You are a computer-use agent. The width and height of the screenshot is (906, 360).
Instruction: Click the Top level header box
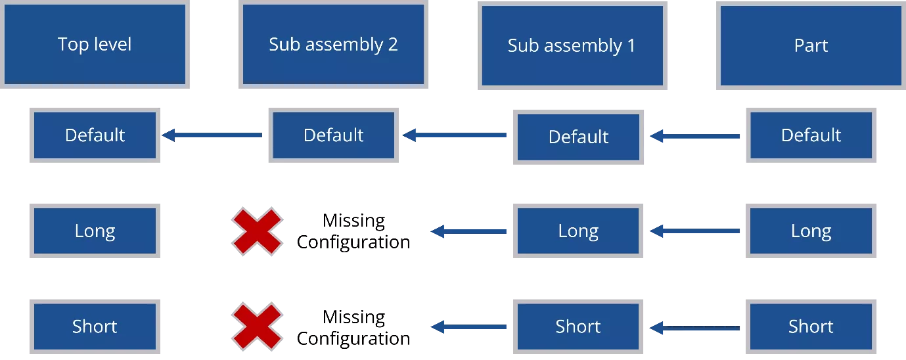[95, 45]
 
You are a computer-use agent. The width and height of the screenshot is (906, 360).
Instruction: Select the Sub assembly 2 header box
[333, 45]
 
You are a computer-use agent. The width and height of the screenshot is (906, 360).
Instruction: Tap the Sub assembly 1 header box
[572, 46]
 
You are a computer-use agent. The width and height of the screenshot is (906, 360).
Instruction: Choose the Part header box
[810, 45]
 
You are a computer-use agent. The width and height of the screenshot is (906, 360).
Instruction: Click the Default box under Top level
[95, 135]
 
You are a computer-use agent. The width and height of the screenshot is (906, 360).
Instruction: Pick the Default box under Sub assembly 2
[333, 135]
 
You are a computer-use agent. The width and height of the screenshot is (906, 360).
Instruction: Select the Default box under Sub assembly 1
[578, 137]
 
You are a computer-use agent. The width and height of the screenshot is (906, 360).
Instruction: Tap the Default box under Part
[810, 135]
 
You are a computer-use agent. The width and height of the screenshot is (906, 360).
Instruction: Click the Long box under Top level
[95, 231]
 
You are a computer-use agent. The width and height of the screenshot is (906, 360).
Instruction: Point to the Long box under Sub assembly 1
[578, 231]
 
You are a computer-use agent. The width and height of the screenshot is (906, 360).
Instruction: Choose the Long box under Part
[810, 231]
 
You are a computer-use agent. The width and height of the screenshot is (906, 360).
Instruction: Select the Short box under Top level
[95, 326]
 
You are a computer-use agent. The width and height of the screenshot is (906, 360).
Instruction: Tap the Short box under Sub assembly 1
[578, 326]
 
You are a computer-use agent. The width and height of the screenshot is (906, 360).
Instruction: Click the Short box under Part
[810, 326]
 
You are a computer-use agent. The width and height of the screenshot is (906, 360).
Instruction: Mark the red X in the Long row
[257, 231]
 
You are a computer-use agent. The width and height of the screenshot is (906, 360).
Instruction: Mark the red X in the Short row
[257, 326]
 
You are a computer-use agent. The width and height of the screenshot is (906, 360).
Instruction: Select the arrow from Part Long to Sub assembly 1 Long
[694, 231]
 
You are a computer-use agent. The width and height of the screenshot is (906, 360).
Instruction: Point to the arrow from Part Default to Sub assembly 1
[694, 137]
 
